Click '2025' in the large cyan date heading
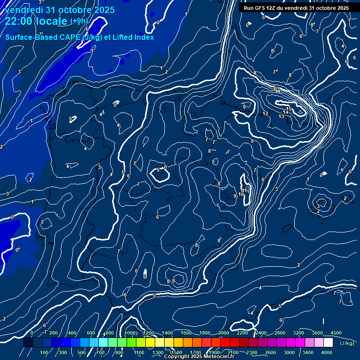pyautogui.click(x=103, y=10)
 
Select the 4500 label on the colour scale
pyautogui.click(x=335, y=333)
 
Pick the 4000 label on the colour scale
pyautogui.click(x=327, y=352)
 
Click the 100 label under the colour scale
pyautogui.click(x=45, y=352)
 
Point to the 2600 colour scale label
pyautogui.click(x=270, y=352)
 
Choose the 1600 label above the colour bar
pyautogui.click(x=186, y=333)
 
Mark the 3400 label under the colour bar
pyautogui.click(x=308, y=352)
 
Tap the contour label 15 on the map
pyautogui.click(x=289, y=109)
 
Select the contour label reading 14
pyautogui.click(x=285, y=112)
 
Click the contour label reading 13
pyautogui.click(x=281, y=116)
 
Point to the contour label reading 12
pyautogui.click(x=265, y=113)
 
